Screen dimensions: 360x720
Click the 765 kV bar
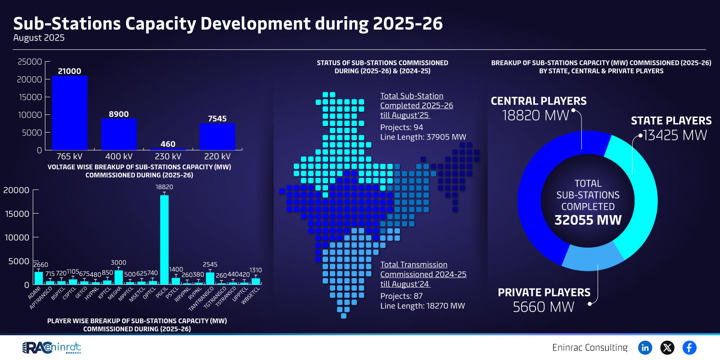pos(70,112)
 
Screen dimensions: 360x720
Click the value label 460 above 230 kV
pos(168,144)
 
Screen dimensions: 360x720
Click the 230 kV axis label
pos(168,156)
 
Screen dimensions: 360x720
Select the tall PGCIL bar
pos(164,238)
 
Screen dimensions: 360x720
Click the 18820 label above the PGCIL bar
pos(164,187)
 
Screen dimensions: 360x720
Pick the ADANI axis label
pos(35,292)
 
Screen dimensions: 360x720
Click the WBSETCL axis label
pos(251,296)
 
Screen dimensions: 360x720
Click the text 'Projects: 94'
pos(401,127)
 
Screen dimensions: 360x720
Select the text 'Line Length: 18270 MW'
pos(423,306)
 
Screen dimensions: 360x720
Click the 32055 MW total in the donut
pos(588,220)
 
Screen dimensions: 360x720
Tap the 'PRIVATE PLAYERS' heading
pos(544,292)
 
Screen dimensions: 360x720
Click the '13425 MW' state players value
pos(675,135)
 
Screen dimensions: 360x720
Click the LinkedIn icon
pos(645,347)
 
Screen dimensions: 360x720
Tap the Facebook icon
pos(689,347)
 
